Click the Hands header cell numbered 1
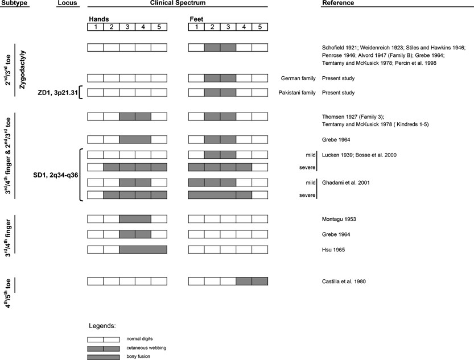95,26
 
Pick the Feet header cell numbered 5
259,26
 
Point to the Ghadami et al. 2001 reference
346,183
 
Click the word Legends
103,326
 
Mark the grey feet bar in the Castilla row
252,281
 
